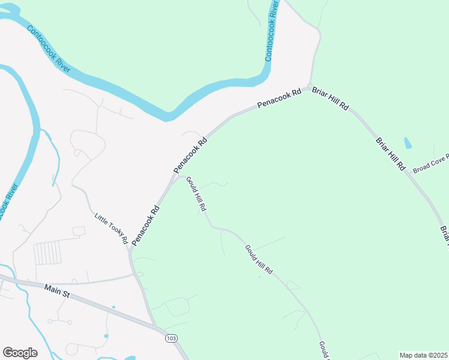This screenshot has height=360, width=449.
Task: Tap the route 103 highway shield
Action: (171, 338)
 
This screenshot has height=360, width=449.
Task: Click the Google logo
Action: (20, 352)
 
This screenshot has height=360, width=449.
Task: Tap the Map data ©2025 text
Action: (423, 355)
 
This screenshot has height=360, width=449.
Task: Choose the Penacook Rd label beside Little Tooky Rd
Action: (146, 226)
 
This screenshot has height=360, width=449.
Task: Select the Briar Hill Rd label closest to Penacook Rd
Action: (330, 97)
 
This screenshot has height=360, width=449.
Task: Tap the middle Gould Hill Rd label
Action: (259, 260)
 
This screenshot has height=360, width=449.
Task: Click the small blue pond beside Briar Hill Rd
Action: (408, 143)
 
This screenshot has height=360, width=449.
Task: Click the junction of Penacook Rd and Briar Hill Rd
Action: (309, 88)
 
